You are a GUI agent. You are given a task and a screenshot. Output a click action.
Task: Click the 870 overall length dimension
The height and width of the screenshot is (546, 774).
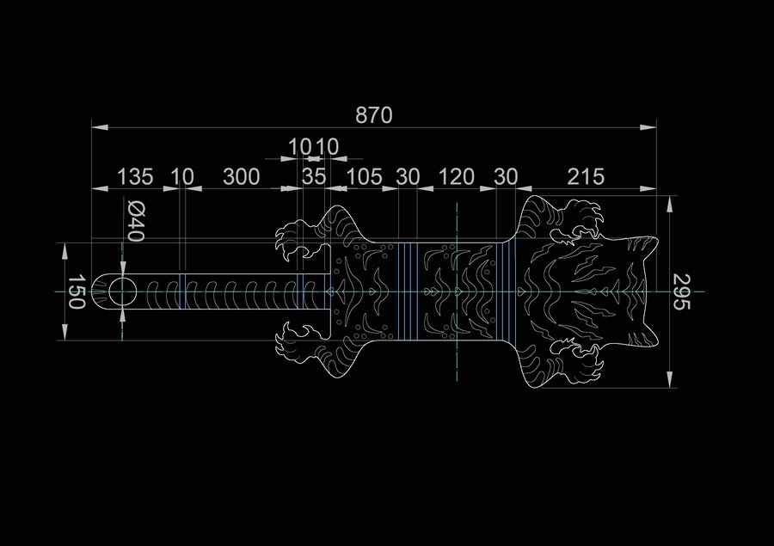pyautogui.click(x=374, y=115)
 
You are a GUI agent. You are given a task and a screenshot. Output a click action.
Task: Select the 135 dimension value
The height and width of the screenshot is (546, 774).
pyautogui.click(x=135, y=177)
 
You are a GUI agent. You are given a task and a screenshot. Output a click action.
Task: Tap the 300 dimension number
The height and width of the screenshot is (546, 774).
pyautogui.click(x=241, y=177)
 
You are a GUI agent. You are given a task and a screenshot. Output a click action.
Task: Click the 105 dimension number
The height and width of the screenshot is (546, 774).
pyautogui.click(x=365, y=177)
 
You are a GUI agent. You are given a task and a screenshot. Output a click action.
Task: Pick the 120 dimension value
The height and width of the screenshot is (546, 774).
pyautogui.click(x=456, y=177)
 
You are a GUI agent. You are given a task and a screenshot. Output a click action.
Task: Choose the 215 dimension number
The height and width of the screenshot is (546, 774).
pyautogui.click(x=586, y=177)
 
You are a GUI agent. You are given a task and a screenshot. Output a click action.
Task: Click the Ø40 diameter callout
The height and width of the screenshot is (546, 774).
pyautogui.click(x=136, y=220)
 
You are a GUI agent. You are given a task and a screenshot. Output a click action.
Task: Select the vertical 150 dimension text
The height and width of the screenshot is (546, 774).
pyautogui.click(x=76, y=291)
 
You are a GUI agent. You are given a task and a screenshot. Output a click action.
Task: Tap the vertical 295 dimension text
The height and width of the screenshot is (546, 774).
pyautogui.click(x=681, y=291)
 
